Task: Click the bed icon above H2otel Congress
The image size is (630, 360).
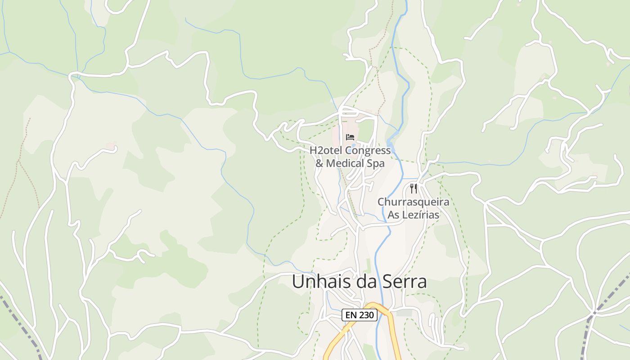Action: point(350,137)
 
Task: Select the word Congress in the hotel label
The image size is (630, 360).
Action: point(368,150)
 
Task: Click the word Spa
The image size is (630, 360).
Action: point(377,163)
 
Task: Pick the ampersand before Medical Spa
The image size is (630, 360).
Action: point(319,163)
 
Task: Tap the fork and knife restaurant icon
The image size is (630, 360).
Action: point(414,189)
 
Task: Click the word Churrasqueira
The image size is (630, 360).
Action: point(413,202)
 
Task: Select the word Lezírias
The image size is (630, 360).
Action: point(421,215)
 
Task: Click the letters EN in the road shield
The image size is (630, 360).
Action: point(352,315)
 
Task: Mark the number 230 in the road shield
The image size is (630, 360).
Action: point(366,315)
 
